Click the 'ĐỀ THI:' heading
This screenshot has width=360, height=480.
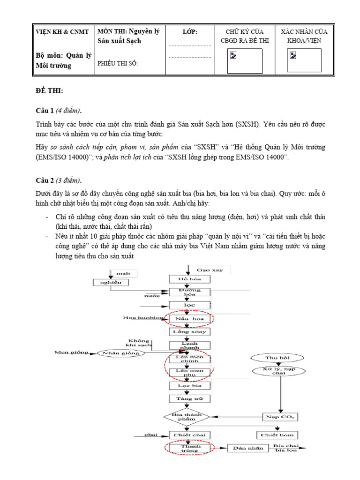click(49, 90)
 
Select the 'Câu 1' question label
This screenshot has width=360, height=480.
click(45, 111)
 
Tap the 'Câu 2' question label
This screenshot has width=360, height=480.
click(45, 180)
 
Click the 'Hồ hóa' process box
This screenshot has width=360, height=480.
click(190, 279)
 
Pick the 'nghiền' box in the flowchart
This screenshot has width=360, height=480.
click(110, 282)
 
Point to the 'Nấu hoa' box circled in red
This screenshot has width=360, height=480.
click(190, 319)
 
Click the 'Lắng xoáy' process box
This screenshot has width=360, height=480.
click(190, 332)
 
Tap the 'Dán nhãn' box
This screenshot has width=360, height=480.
click(248, 448)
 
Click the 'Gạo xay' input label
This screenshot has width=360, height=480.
click(210, 270)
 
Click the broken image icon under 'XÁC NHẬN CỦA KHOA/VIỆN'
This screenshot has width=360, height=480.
click(293, 56)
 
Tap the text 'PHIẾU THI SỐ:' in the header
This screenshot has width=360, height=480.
click(117, 64)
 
